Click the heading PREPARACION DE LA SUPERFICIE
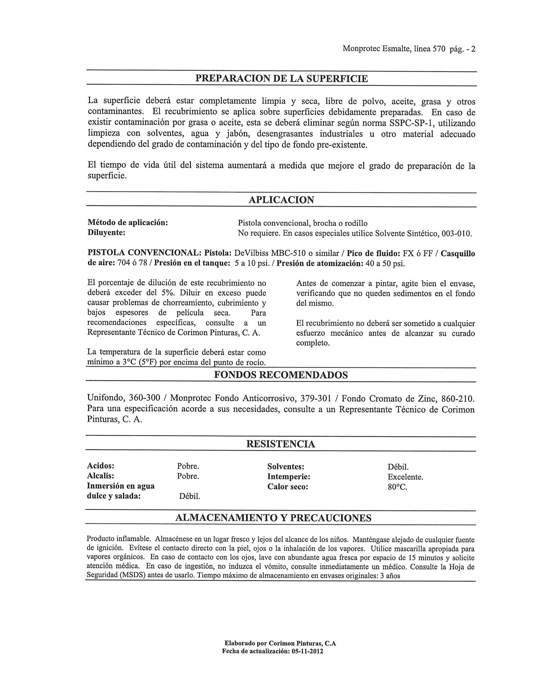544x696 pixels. (x=281, y=79)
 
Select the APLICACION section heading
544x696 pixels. (x=281, y=200)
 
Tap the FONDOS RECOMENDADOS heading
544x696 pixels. (x=281, y=375)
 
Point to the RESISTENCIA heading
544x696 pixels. (x=281, y=444)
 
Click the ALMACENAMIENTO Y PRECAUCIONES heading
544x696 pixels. (x=273, y=518)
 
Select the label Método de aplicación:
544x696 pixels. (x=127, y=223)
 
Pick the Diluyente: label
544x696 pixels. (x=106, y=233)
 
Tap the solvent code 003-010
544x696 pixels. (x=456, y=234)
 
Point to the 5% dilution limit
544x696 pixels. (x=167, y=293)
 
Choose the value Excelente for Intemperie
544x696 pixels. (x=405, y=477)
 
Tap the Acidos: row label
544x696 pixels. (x=100, y=466)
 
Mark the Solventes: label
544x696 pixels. (x=285, y=467)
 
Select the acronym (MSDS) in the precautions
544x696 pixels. (x=129, y=576)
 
